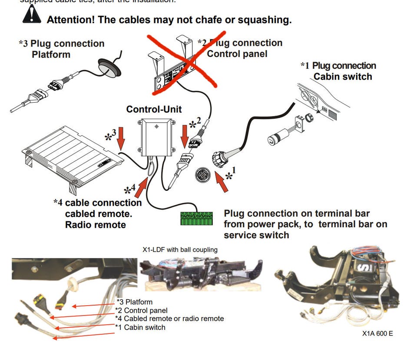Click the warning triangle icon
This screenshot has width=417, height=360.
32,15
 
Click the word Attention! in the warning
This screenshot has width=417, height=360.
71,20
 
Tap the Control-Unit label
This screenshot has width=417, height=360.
154,109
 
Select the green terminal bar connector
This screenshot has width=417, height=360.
196,218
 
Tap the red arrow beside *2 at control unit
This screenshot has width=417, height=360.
184,136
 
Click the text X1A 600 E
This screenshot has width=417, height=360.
377,334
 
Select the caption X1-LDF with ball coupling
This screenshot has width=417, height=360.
180,250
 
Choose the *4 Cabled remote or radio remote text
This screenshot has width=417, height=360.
169,319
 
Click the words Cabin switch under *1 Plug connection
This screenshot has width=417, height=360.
343,77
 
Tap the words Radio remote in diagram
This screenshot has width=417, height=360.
96,225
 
